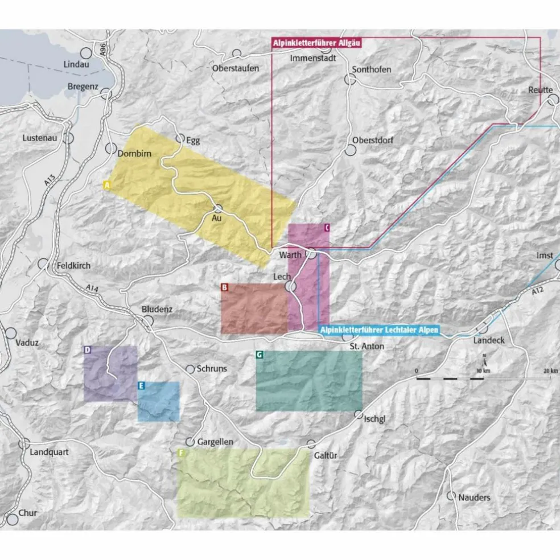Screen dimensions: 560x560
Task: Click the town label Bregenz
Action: point(83,87)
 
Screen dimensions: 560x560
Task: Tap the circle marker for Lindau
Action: point(86,52)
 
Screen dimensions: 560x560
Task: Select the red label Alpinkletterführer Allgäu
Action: point(316,43)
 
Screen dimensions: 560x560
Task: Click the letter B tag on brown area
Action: point(225,288)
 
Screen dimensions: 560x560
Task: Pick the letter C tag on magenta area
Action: point(326,228)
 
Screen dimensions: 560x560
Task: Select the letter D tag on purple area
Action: point(88,350)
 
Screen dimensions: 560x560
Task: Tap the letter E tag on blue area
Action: point(141,386)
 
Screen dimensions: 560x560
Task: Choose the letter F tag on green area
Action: point(181,453)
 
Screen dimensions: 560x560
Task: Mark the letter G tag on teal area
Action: point(260,355)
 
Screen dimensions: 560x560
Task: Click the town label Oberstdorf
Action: point(373,140)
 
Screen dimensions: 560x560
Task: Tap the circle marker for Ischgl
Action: point(359,414)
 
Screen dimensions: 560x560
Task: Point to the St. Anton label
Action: point(367,346)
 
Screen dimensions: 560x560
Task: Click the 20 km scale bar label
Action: point(550,371)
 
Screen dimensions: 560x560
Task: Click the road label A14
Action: point(91,290)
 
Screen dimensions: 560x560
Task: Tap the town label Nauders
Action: point(474,497)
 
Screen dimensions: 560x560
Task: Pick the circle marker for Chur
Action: point(11,519)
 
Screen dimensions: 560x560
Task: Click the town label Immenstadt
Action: point(313,58)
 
